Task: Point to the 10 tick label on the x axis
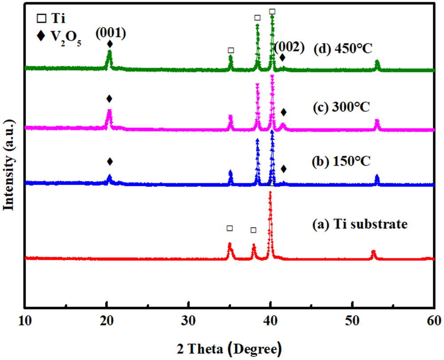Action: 25,319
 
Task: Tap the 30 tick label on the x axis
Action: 189,319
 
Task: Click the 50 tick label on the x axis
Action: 352,319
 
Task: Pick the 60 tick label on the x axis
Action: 433,319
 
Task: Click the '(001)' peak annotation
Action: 109,34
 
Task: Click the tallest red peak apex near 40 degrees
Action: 270,193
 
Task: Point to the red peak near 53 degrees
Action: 373,252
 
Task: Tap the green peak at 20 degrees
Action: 109,52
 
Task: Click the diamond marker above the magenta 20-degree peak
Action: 109,99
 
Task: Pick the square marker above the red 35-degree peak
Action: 230,228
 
